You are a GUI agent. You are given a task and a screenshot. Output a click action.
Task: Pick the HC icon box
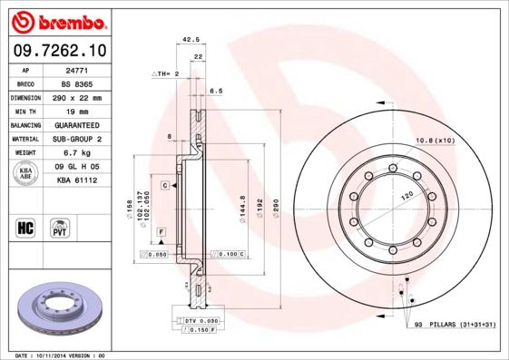pos(26,226)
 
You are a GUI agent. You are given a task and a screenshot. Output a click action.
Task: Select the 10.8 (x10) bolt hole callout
pos(434,141)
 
